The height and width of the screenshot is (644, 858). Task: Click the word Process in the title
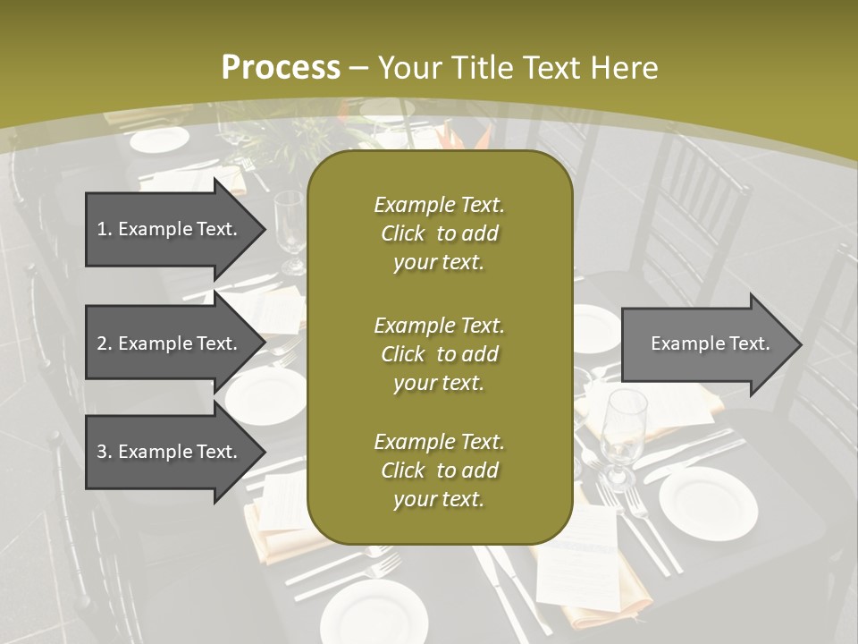click(x=281, y=68)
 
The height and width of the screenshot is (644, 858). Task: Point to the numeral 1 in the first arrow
click(x=102, y=229)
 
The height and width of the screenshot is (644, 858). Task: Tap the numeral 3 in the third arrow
click(x=102, y=452)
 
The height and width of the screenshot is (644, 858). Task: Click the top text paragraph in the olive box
click(x=439, y=233)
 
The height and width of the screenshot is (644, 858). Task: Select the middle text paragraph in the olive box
click(x=439, y=354)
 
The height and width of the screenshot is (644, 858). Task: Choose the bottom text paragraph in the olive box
click(x=439, y=470)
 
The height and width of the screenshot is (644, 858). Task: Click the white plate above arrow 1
click(x=160, y=140)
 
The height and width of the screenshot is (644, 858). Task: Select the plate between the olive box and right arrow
click(x=593, y=328)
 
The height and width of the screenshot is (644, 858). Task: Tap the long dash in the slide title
click(x=359, y=69)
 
